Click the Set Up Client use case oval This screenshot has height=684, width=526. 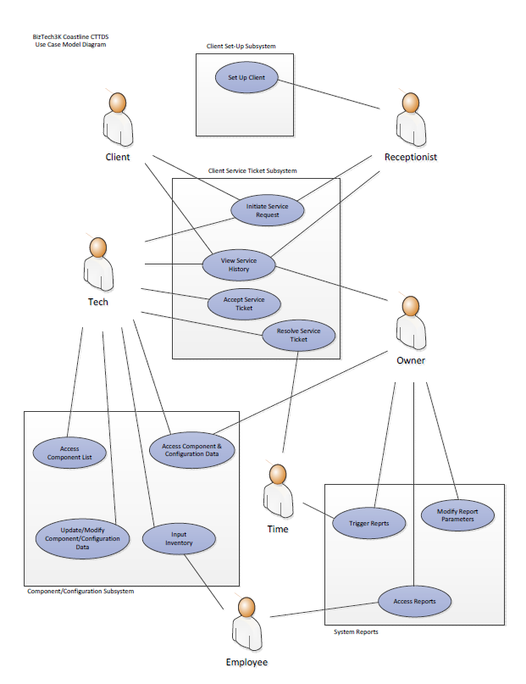pos(246,78)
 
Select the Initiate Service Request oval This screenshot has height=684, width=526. pos(269,210)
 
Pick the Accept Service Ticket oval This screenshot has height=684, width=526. pos(244,303)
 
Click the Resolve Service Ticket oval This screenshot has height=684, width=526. pos(299,335)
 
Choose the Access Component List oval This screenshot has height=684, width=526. pos(69,452)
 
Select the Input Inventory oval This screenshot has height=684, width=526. pos(179,538)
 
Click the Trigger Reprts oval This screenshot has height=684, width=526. pos(369,524)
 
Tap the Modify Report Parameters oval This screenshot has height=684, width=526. pos(457,515)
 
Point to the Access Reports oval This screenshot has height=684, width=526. pos(415,601)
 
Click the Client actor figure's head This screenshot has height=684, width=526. pos(119,103)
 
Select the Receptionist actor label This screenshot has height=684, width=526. pos(411,157)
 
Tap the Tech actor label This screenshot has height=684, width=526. pos(98,302)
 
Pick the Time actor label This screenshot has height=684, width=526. pos(278,529)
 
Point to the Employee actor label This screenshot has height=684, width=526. pos(246,662)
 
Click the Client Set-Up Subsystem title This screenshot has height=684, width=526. pos(241,46)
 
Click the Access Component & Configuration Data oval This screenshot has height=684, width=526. pos(191,450)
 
